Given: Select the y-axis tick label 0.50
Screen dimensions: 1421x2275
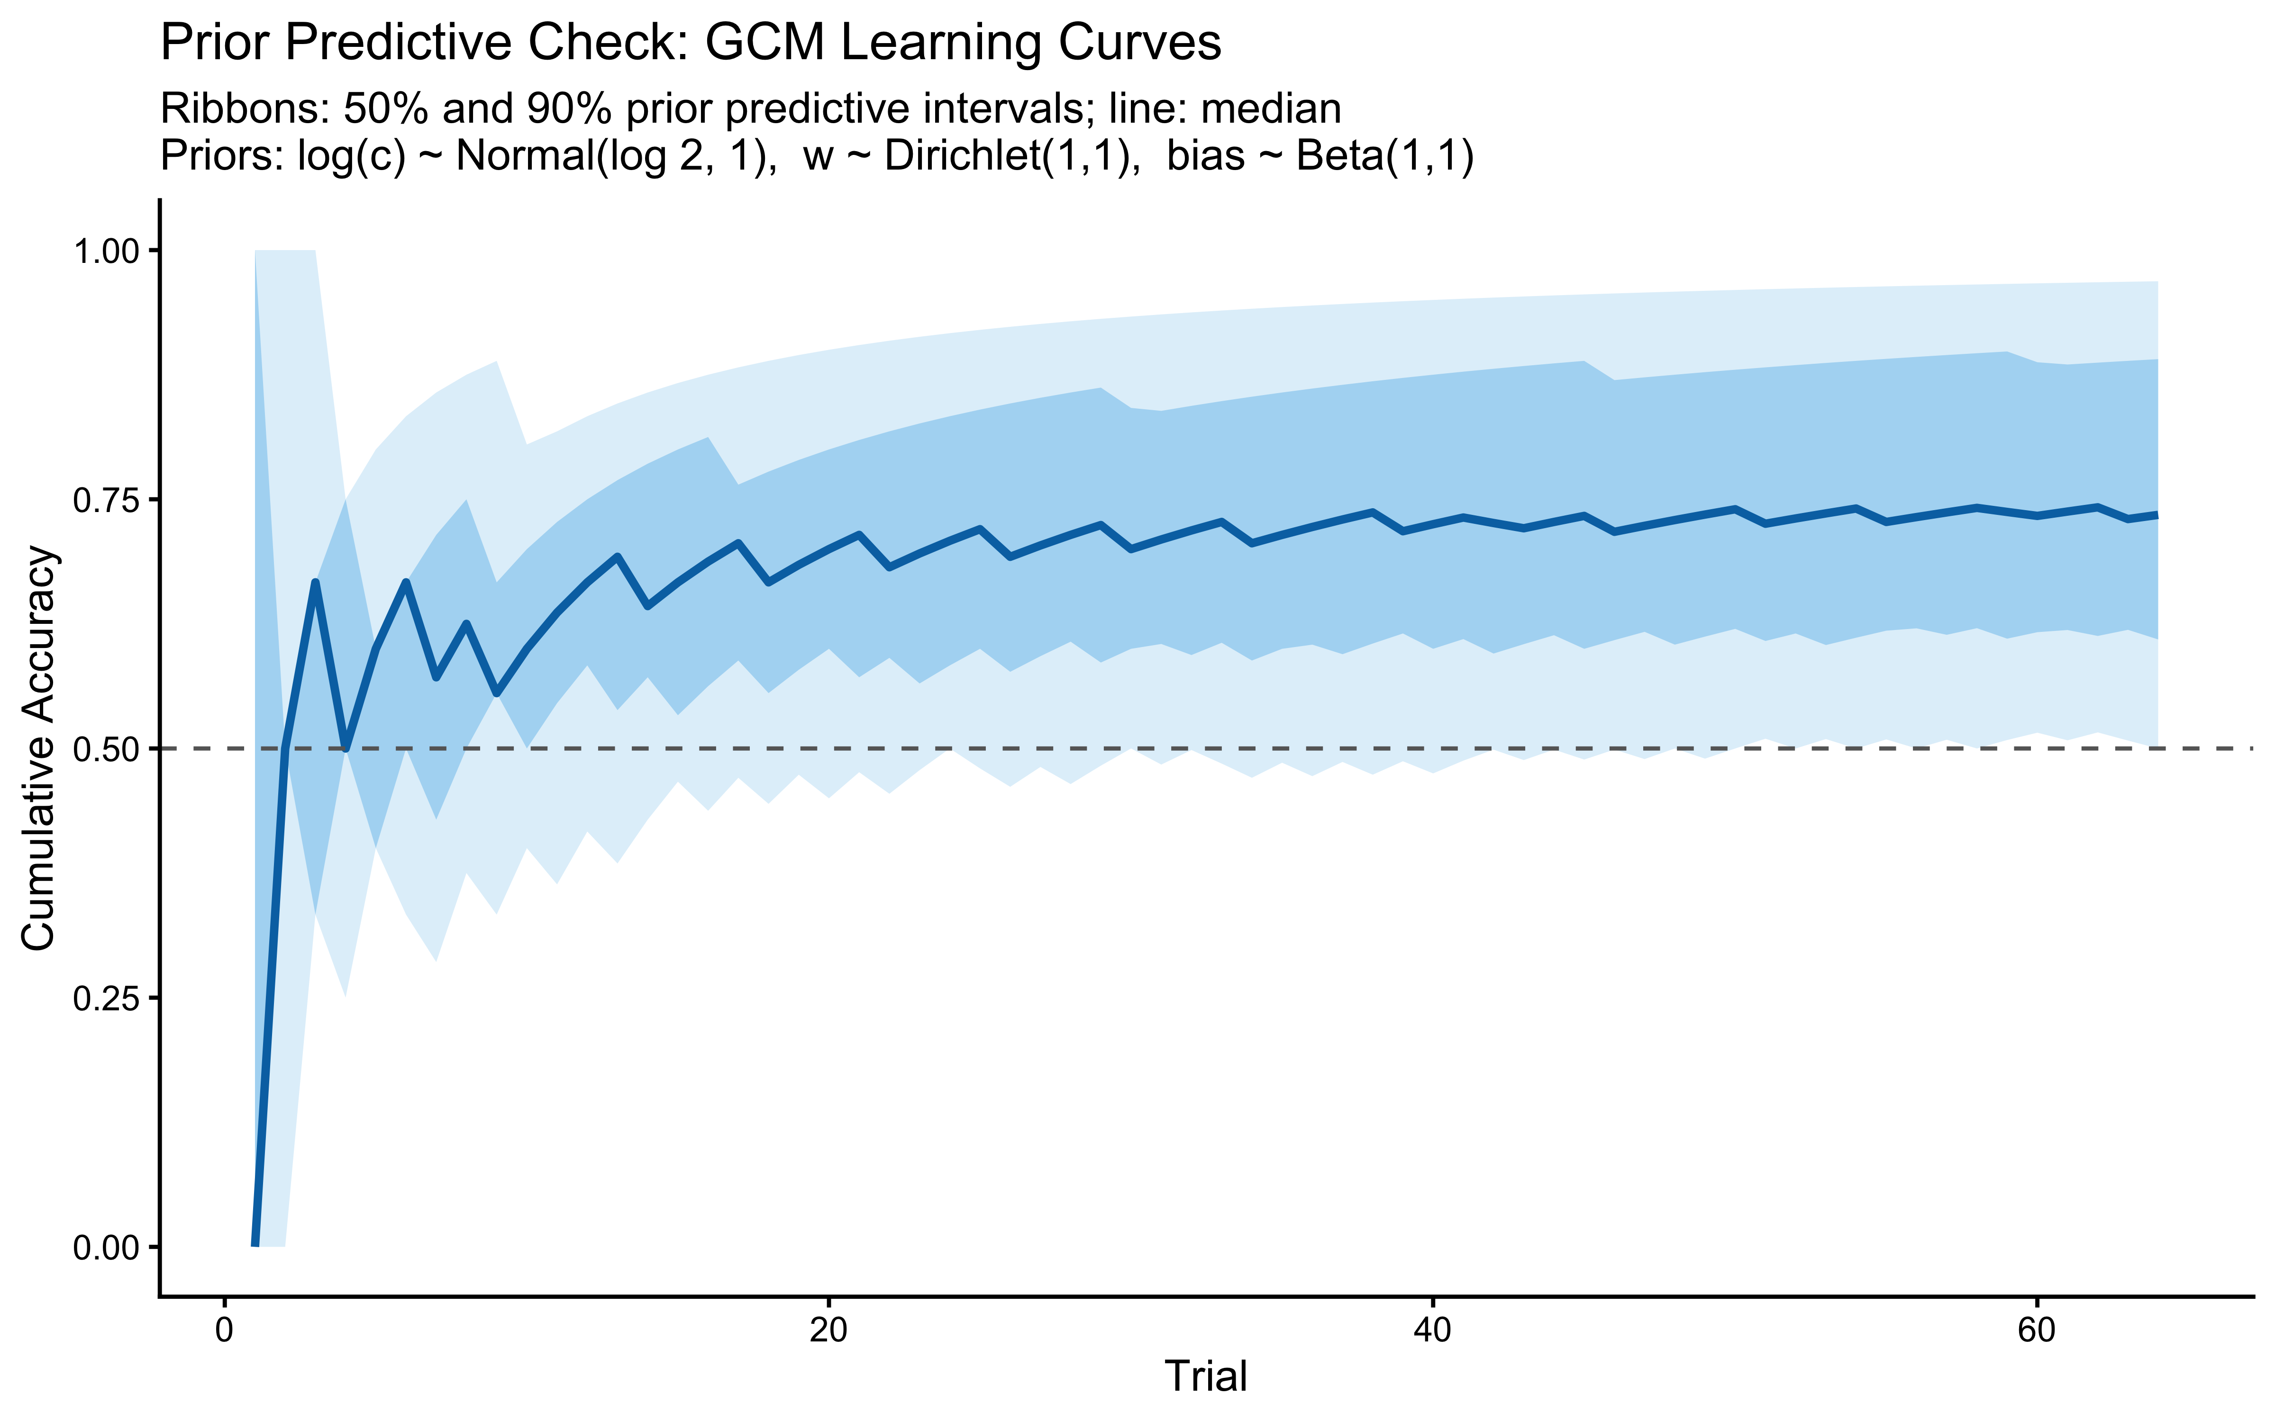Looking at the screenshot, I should click(x=105, y=749).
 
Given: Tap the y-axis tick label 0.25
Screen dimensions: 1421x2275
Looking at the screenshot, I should click(x=105, y=998).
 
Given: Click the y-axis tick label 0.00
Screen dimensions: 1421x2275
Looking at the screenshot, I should click(x=105, y=1247).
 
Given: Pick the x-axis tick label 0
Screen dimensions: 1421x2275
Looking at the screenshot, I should click(x=224, y=1334).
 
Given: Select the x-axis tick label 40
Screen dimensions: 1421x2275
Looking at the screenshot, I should click(x=1432, y=1334).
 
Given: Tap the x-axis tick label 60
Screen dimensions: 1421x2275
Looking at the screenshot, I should click(x=2036, y=1334).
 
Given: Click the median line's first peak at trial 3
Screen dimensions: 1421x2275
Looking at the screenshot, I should click(x=315, y=583).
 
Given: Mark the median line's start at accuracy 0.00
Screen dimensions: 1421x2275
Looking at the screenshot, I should click(x=255, y=1244).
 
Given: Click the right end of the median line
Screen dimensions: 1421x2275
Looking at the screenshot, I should click(x=2157, y=515).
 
